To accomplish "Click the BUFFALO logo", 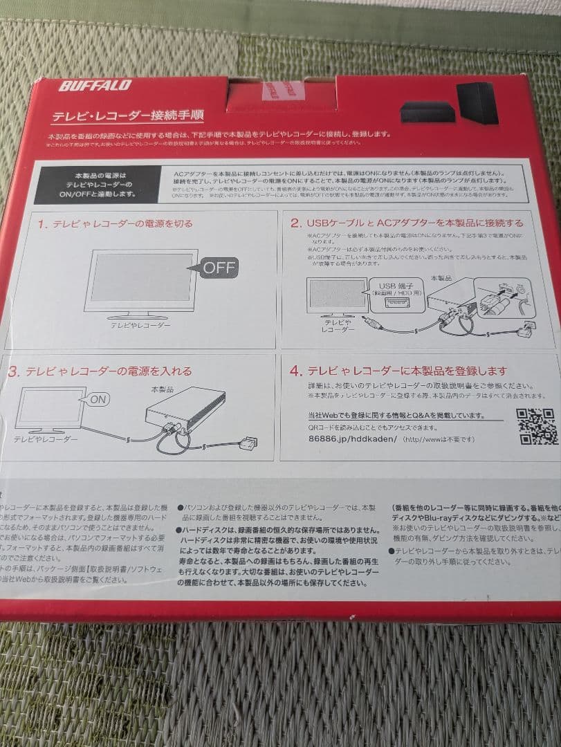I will tap(95, 86).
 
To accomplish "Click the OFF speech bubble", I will tap(219, 267).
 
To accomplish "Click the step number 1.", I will tap(42, 224).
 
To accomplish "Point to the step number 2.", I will tap(295, 223).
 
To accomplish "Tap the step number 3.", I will tap(13, 371).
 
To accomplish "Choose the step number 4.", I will tap(296, 371).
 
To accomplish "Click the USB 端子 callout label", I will tap(395, 286).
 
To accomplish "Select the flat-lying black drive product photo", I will tap(428, 111).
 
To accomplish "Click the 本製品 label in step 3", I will tap(164, 389).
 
